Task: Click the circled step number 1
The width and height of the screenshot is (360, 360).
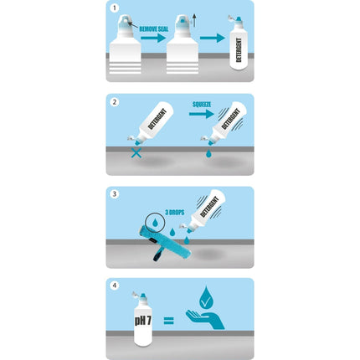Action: [x=115, y=9]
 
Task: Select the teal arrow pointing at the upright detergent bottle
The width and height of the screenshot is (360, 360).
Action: [x=213, y=37]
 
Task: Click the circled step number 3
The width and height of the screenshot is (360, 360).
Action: [x=115, y=194]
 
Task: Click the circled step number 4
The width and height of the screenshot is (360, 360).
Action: [x=115, y=286]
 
